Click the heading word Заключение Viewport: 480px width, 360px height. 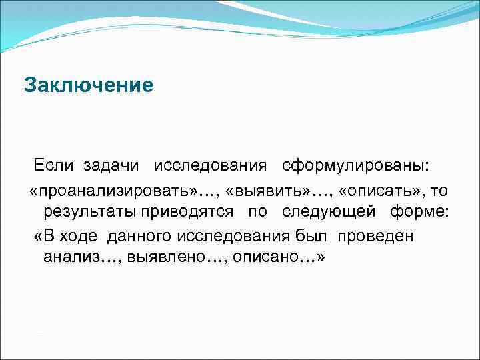click(89, 86)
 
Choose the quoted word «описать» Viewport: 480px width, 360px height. click(379, 191)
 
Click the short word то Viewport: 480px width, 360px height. click(439, 191)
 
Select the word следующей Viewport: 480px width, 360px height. click(326, 213)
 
